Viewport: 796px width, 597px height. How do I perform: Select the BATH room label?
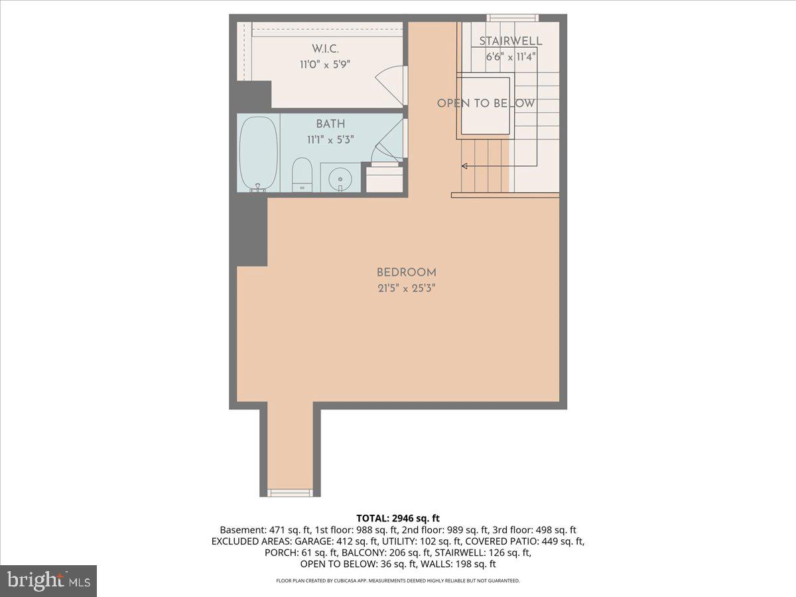point(330,124)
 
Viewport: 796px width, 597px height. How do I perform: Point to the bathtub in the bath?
point(258,153)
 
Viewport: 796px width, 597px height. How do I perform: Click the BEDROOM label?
point(406,272)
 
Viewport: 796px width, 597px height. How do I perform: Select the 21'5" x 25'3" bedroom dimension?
point(406,289)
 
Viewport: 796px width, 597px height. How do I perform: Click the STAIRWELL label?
point(510,41)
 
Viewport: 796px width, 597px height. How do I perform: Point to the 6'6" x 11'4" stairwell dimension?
point(510,57)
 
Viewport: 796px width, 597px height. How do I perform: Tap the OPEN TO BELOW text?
point(486,103)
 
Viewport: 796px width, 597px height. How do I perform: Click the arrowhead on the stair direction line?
point(464,166)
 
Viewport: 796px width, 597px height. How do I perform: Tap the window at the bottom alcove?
point(289,492)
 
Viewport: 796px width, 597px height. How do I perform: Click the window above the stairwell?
point(512,18)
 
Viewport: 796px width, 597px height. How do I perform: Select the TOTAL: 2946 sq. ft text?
point(398,518)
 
